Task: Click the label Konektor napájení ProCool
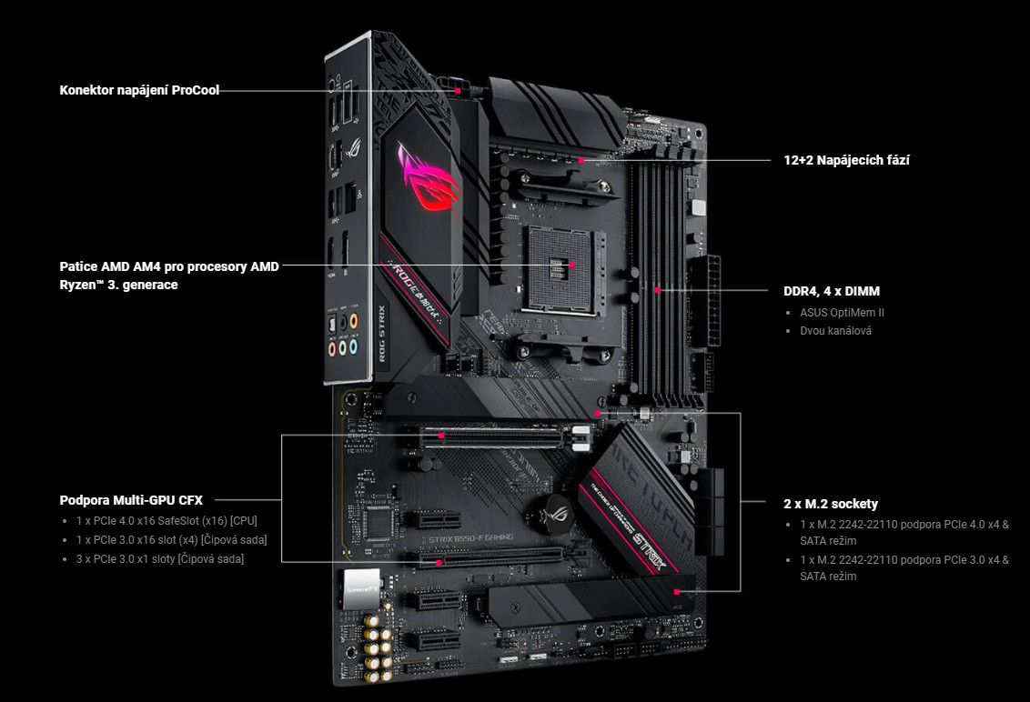click(139, 90)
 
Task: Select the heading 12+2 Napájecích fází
click(846, 160)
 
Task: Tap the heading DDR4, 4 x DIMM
click(832, 291)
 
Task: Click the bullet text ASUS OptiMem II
click(842, 312)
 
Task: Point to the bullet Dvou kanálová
click(835, 330)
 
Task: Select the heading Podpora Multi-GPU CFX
click(131, 499)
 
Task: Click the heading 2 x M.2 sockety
click(830, 503)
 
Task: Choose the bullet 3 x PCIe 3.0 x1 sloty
click(159, 558)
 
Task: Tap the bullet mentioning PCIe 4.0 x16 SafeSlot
click(167, 521)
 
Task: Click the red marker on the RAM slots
click(657, 291)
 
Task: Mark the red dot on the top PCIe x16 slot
click(441, 436)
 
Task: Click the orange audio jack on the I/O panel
click(354, 322)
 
